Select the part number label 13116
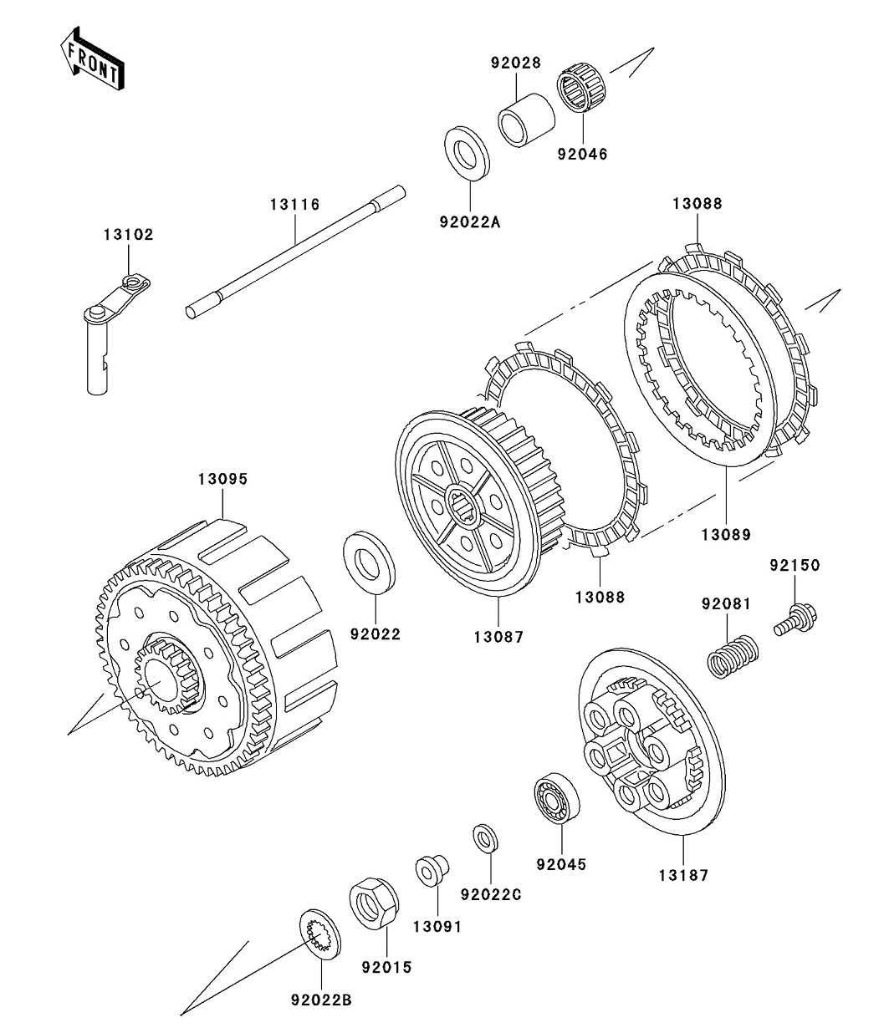pyautogui.click(x=294, y=204)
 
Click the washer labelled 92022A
pyautogui.click(x=465, y=151)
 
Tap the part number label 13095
pyautogui.click(x=222, y=480)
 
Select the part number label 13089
pyautogui.click(x=726, y=533)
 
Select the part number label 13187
pyautogui.click(x=682, y=876)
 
